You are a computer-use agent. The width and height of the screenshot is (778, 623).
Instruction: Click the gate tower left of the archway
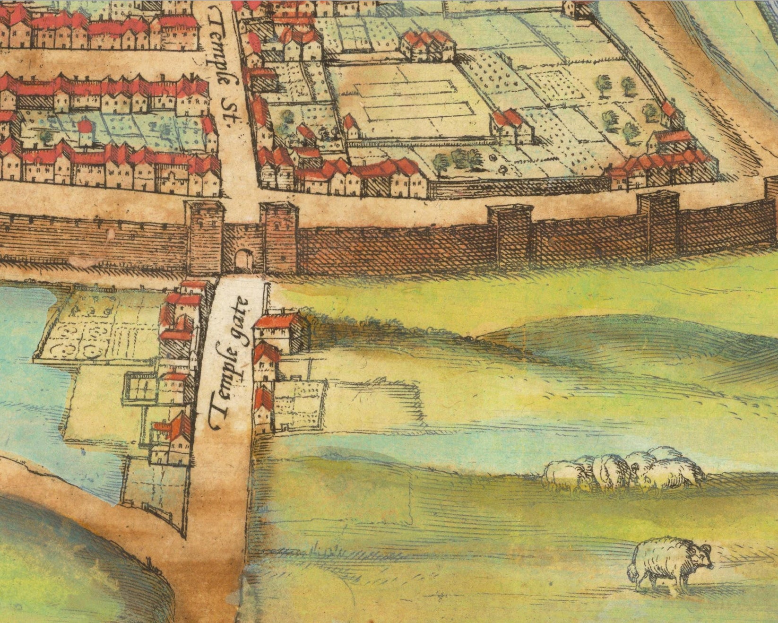tap(205, 236)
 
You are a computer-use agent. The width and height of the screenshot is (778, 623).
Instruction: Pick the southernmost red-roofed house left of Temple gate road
tap(173, 437)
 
